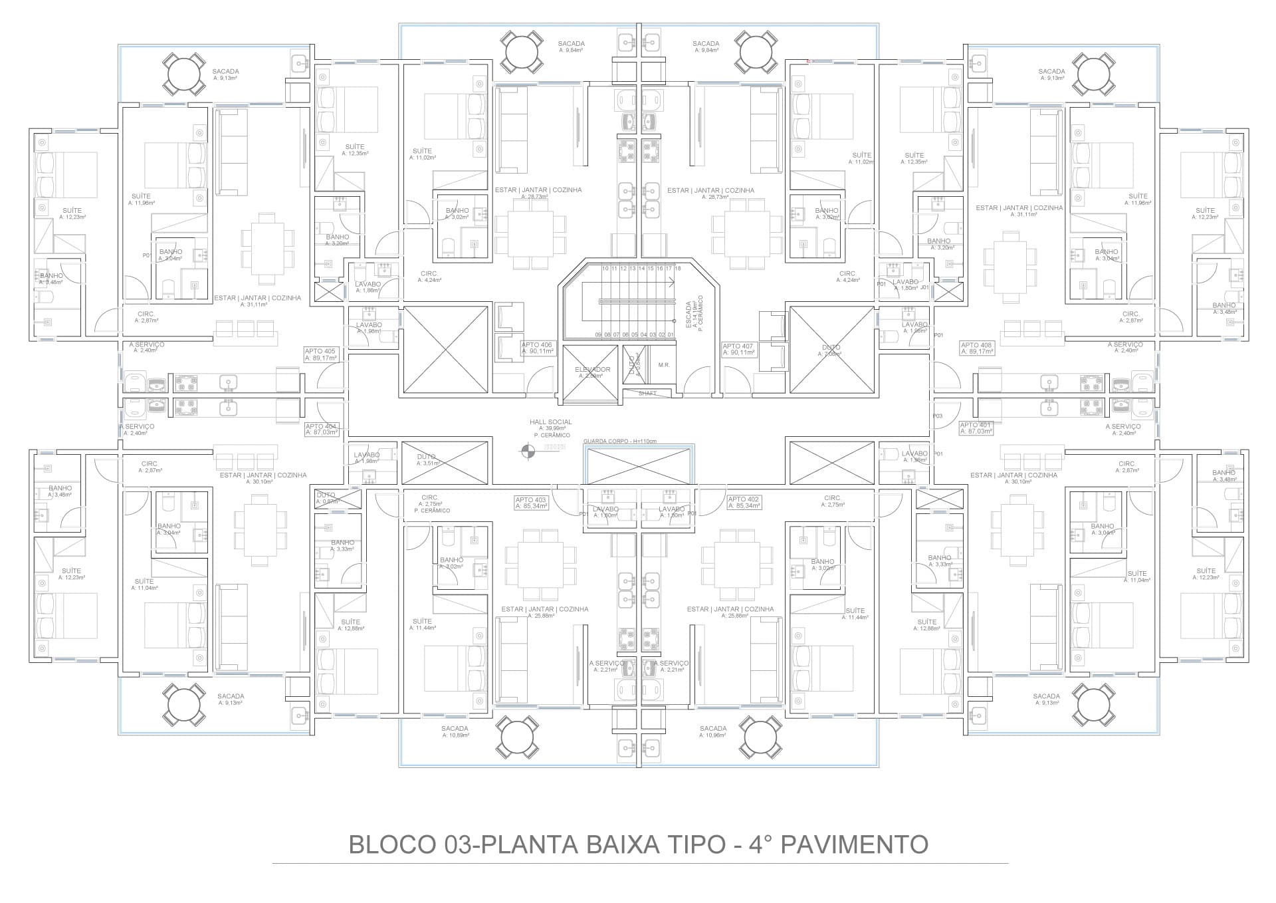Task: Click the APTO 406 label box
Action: coord(538,348)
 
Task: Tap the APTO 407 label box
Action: coord(738,349)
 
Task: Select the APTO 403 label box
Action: coord(531,503)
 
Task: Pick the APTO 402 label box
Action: coord(744,503)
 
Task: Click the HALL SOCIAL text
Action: coord(550,422)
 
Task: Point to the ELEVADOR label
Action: coord(592,370)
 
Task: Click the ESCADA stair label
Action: coord(689,315)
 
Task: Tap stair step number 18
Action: coord(678,269)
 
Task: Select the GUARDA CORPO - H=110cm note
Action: coord(619,442)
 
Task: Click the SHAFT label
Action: coord(647,394)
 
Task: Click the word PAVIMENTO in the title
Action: coord(853,844)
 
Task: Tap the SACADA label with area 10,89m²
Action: coord(455,729)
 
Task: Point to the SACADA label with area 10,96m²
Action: coord(713,729)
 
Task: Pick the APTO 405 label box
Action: coord(320,354)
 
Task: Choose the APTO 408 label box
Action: coord(976,348)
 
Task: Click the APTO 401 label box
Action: coord(976,428)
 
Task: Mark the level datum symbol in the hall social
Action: coord(528,450)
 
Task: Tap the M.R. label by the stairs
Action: coord(664,365)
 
